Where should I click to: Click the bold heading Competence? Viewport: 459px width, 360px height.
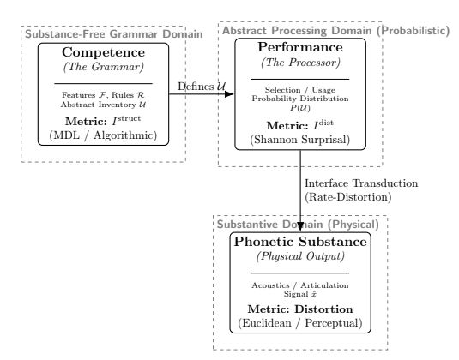[103, 52]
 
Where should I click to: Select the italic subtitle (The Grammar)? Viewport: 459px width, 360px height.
[103, 67]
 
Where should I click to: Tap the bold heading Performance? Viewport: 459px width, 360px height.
[300, 48]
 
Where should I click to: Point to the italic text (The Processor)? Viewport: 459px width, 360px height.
[300, 63]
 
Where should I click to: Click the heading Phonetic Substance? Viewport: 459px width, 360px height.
[300, 242]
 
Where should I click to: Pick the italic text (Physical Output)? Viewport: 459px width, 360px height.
[300, 256]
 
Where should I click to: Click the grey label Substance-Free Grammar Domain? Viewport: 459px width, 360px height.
[114, 34]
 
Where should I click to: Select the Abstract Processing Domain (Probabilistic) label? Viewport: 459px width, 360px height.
[336, 31]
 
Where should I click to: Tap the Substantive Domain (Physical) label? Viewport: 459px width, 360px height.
[298, 225]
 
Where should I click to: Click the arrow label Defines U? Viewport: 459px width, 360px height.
[202, 87]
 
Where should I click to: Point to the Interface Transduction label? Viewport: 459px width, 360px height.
[361, 183]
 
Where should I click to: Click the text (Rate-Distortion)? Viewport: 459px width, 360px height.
[348, 197]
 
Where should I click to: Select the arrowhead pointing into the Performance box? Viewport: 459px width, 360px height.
[229, 94]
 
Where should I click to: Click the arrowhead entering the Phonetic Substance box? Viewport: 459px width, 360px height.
[300, 227]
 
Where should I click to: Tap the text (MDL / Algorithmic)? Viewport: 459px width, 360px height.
[103, 135]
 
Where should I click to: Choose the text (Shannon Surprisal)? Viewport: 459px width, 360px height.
[300, 140]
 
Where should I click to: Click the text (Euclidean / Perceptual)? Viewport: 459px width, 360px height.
[300, 323]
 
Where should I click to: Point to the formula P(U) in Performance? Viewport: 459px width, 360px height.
[300, 108]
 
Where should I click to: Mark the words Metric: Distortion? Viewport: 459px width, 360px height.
[300, 309]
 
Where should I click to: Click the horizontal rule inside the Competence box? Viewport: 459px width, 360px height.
[103, 84]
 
